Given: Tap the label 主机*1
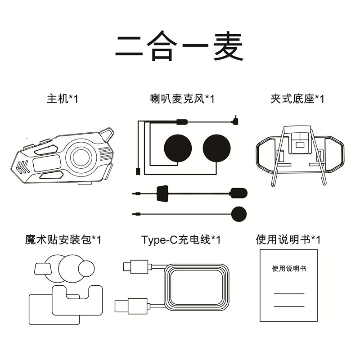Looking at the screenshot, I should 63,99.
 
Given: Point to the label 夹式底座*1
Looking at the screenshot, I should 297,99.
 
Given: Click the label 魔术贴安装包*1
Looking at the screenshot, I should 63,239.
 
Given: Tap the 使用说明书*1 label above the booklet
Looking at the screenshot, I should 288,239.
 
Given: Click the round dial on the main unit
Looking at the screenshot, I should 81,157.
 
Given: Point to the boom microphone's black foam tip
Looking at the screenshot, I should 238,193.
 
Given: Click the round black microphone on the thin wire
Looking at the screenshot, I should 239,213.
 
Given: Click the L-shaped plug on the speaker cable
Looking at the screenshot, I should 234,121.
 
